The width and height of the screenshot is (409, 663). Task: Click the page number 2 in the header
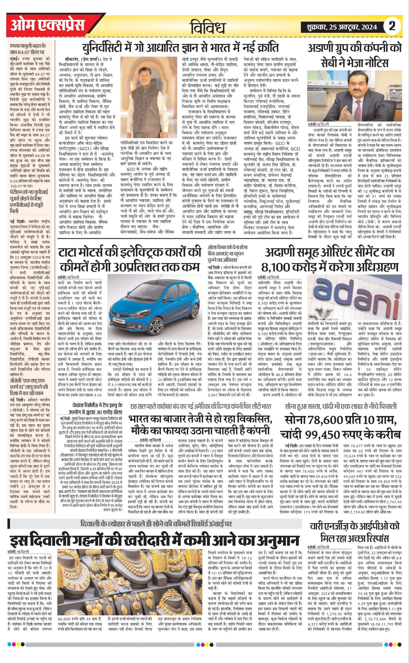point(392,26)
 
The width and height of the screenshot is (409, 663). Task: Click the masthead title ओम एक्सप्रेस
point(47,26)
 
